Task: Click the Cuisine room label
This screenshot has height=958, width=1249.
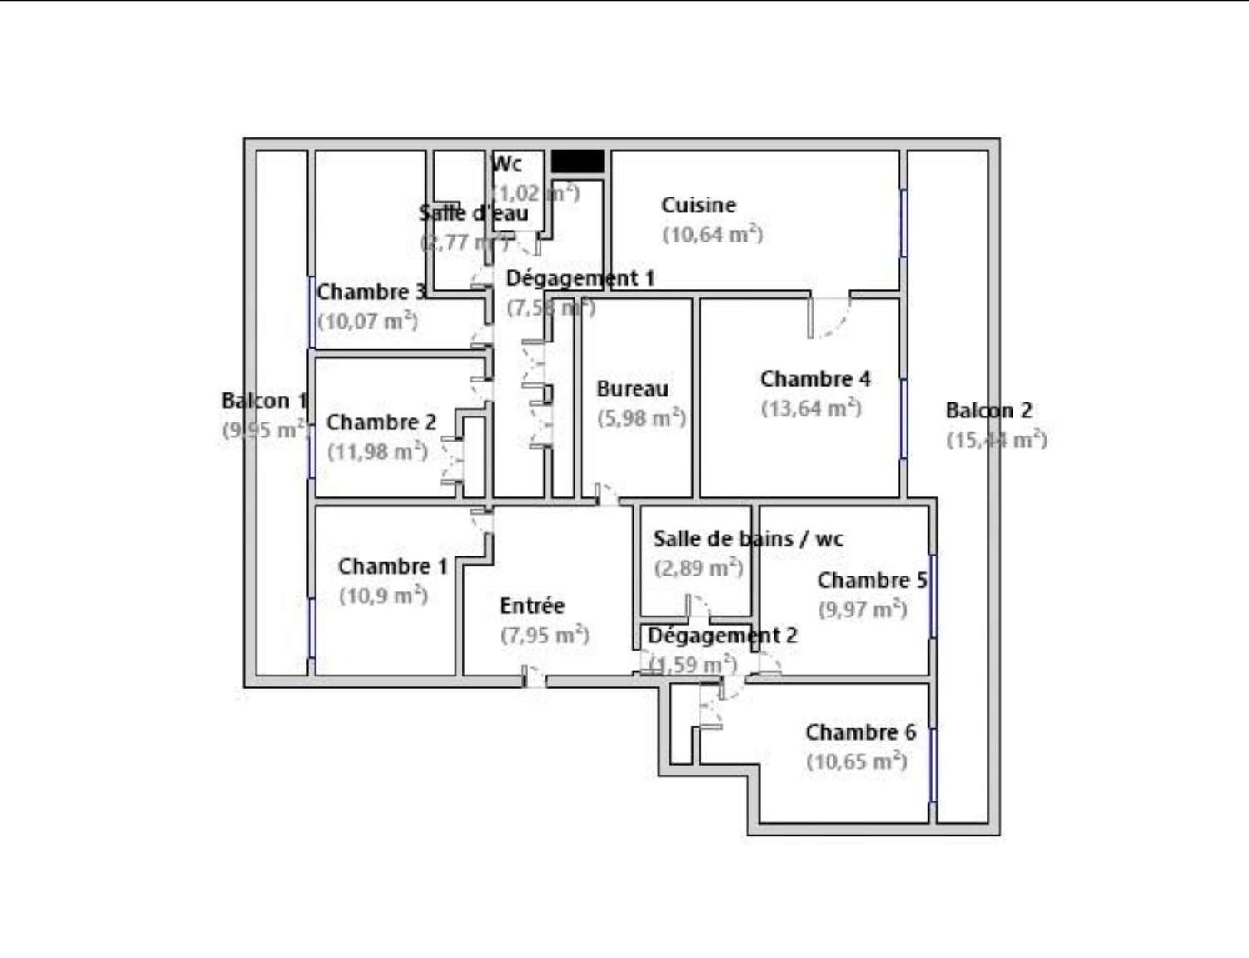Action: (x=698, y=205)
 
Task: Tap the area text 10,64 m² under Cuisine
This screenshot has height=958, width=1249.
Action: (x=712, y=234)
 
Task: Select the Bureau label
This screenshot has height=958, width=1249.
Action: (x=632, y=388)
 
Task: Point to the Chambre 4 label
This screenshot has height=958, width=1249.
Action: (x=814, y=379)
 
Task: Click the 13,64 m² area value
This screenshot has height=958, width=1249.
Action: (x=810, y=408)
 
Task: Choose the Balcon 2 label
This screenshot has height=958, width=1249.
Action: (x=988, y=411)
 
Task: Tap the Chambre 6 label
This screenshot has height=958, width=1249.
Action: (x=860, y=732)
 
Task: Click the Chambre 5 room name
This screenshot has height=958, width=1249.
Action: (x=872, y=580)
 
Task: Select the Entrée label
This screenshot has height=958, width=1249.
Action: (x=531, y=606)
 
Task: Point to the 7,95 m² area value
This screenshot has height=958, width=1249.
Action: (x=545, y=635)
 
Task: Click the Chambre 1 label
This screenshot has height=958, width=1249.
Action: (x=392, y=566)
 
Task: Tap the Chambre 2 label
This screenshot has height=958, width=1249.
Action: (x=381, y=422)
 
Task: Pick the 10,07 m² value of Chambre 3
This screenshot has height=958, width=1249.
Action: (x=367, y=321)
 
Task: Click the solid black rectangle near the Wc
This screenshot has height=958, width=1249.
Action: (x=577, y=161)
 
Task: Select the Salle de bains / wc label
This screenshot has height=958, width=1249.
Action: (x=748, y=539)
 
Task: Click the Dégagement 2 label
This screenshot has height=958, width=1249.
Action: (x=722, y=636)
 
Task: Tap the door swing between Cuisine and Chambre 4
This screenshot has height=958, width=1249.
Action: (x=829, y=317)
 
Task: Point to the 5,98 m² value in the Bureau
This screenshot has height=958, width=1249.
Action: (x=641, y=417)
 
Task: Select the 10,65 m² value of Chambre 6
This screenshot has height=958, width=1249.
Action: (x=856, y=761)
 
